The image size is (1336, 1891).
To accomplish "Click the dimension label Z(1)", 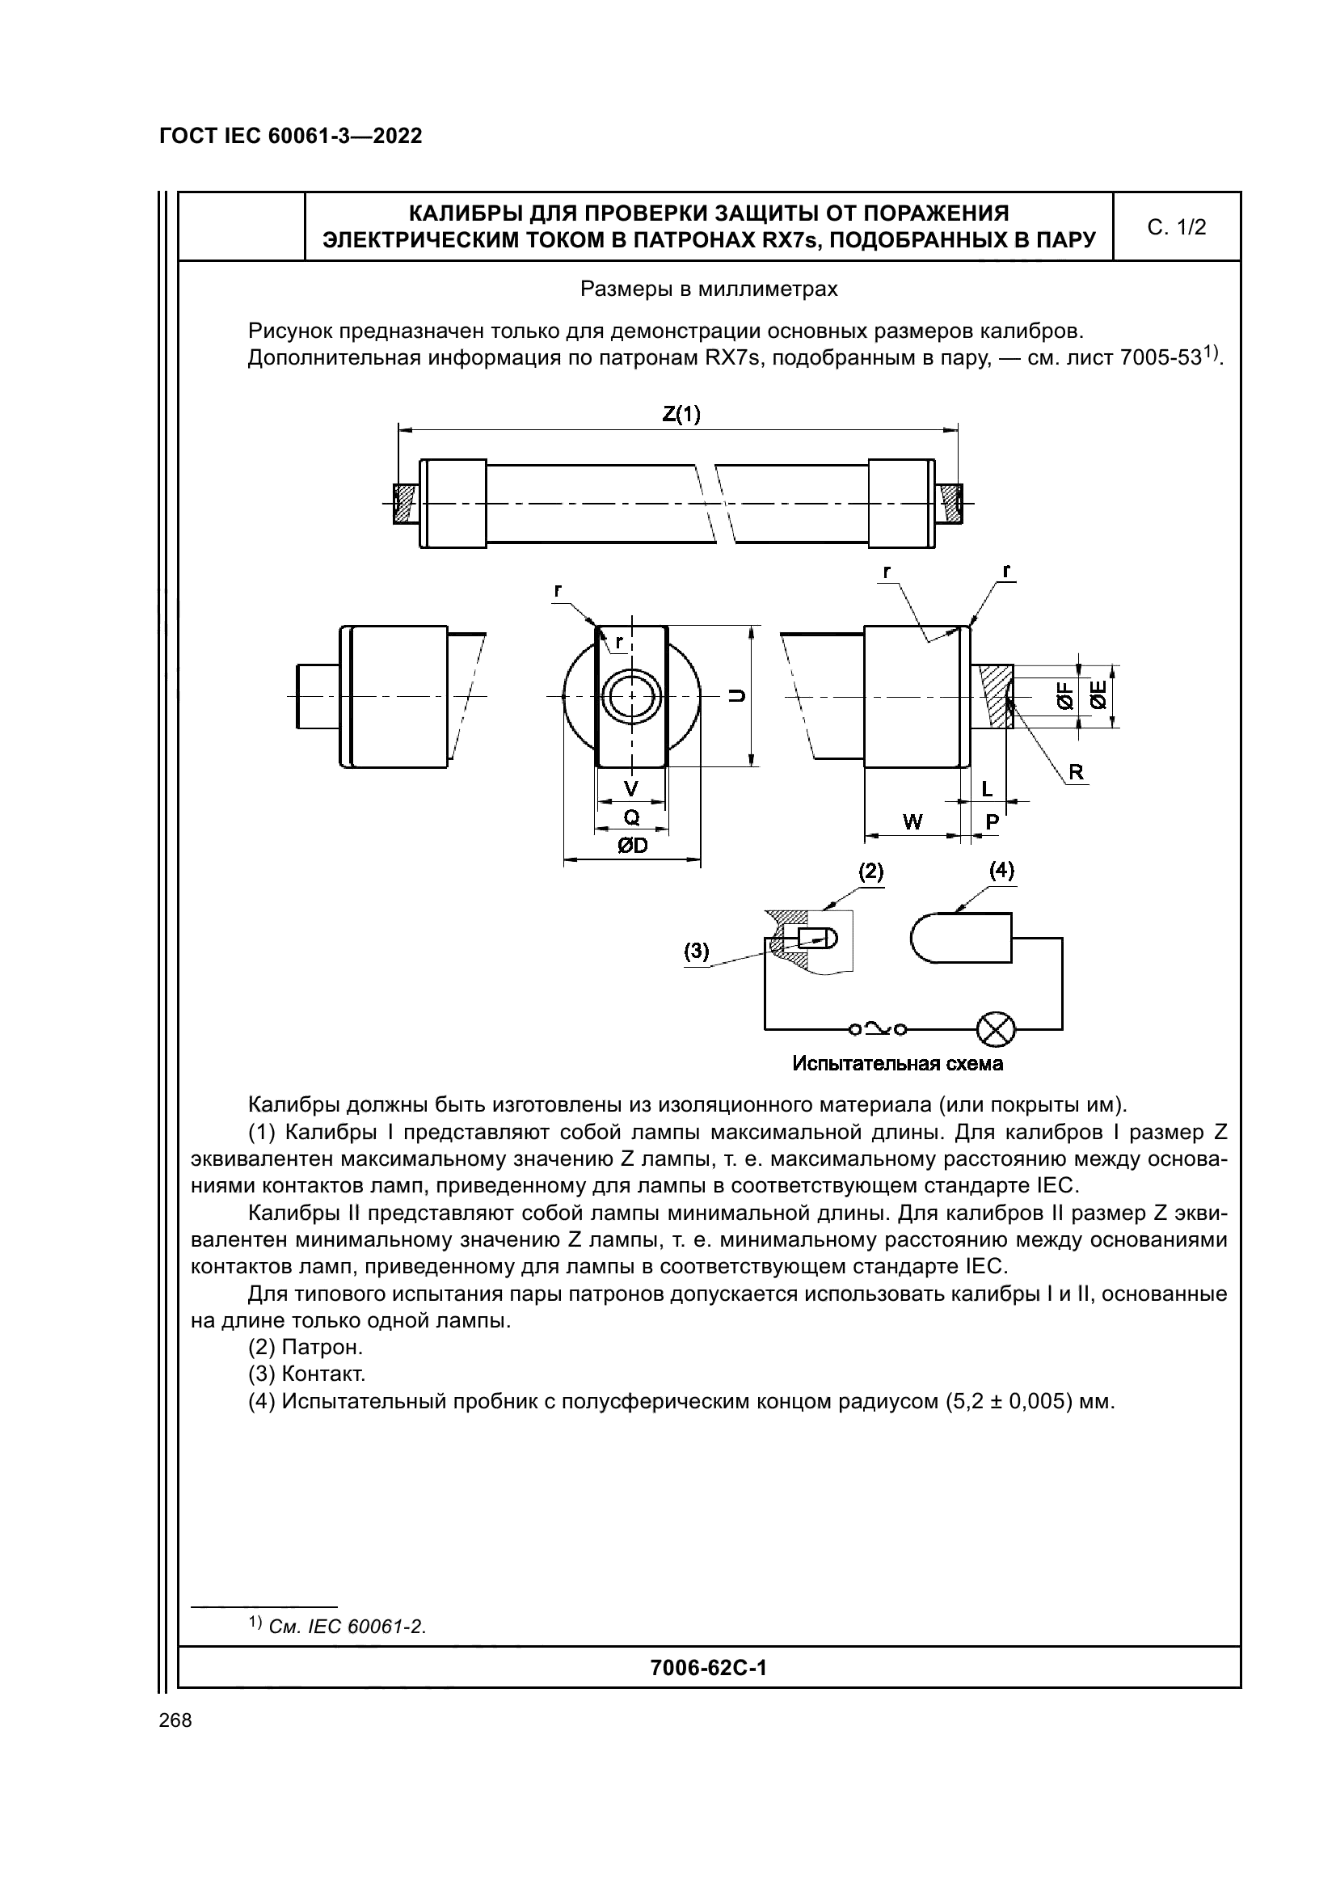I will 681,413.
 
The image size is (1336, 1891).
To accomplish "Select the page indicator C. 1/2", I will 1176,227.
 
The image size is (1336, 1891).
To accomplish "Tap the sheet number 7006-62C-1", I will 708,1667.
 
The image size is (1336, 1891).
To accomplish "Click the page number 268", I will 175,1720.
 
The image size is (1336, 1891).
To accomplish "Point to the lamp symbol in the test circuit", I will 995,1028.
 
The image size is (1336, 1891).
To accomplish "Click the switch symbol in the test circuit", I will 878,1028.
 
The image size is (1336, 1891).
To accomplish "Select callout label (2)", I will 870,872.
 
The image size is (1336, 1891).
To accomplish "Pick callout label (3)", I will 697,952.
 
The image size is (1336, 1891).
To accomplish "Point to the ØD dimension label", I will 631,846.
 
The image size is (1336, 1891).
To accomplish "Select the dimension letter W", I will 912,821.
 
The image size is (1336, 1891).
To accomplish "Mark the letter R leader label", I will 1076,772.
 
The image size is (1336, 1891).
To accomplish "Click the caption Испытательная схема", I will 897,1064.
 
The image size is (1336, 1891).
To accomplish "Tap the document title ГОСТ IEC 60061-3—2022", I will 291,137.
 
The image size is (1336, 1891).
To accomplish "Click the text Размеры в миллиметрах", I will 709,289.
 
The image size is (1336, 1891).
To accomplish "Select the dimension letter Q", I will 631,817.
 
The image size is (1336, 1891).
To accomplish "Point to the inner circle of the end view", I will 631,696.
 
